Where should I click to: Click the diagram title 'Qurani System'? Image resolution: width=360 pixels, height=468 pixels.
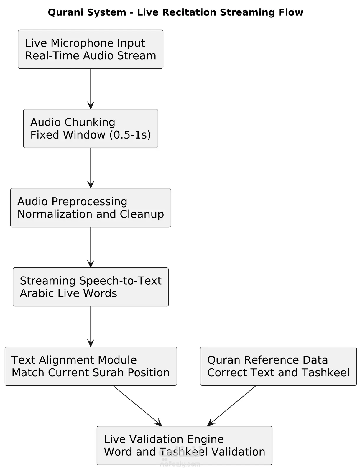point(87,12)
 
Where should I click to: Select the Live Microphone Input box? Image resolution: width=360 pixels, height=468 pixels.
point(91,49)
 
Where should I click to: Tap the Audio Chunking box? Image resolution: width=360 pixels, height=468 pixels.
point(91,129)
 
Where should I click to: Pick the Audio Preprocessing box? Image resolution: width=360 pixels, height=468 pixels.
point(91,208)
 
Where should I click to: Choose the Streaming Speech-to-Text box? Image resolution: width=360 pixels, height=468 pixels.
point(91,287)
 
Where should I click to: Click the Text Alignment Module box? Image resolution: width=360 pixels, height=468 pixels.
point(91,366)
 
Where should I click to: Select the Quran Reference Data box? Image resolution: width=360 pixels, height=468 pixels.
point(278,366)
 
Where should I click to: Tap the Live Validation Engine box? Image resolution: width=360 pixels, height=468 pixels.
point(185,445)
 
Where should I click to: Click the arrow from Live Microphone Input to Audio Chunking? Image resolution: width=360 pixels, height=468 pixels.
point(91,89)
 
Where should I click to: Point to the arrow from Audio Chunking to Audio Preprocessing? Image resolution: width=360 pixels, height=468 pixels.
point(91,168)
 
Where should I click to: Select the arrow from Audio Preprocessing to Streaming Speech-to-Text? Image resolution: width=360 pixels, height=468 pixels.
point(91,247)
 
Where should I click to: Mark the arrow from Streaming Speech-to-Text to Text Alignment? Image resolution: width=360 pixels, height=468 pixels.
point(91,326)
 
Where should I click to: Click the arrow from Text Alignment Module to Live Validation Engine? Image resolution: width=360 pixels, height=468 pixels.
point(137,406)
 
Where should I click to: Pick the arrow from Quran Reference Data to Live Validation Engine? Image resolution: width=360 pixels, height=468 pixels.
point(231,406)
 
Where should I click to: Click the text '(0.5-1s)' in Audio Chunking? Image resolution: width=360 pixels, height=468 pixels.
point(130,135)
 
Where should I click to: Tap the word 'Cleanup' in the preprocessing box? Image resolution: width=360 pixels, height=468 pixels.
point(142,214)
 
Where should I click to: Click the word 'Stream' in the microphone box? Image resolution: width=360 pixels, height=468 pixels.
point(137,55)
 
